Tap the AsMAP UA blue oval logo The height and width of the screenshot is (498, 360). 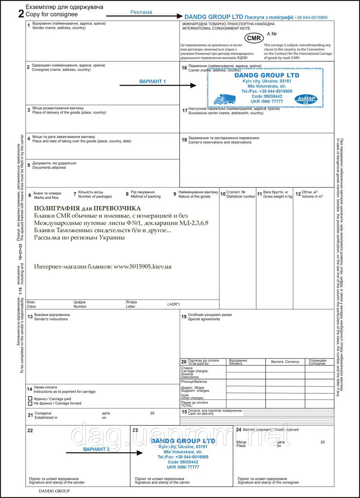(306, 99)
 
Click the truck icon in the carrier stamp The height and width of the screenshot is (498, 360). (225, 99)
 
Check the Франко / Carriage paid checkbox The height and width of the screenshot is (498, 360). (30, 399)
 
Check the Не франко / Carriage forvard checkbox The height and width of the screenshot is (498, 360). (30, 403)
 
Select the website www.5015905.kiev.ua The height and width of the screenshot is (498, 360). (142, 267)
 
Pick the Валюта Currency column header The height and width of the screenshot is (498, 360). (285, 362)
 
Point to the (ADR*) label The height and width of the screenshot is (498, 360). (173, 304)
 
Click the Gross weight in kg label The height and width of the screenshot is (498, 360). (278, 196)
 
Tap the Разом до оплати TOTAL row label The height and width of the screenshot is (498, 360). (195, 404)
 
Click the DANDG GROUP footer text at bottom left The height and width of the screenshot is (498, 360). (54, 491)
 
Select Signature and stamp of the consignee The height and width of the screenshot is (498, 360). (268, 482)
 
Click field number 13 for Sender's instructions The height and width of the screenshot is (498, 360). (30, 317)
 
